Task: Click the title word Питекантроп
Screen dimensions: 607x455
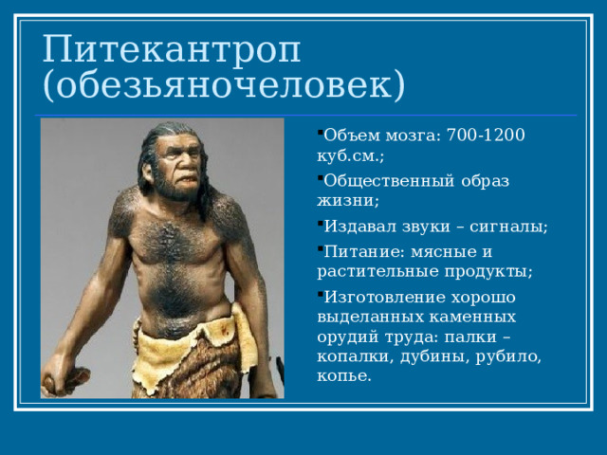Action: tap(171, 49)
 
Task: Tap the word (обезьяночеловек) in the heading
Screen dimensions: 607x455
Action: tap(224, 84)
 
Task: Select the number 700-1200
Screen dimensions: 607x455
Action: tap(486, 135)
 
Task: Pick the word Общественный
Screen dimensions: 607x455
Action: tap(389, 181)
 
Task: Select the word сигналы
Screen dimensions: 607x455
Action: tap(508, 227)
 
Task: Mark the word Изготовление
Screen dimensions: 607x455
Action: tap(385, 298)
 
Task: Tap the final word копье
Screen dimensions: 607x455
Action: tap(343, 376)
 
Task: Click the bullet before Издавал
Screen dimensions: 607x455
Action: tap(320, 223)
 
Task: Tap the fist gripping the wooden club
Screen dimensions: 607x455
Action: tap(58, 377)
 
